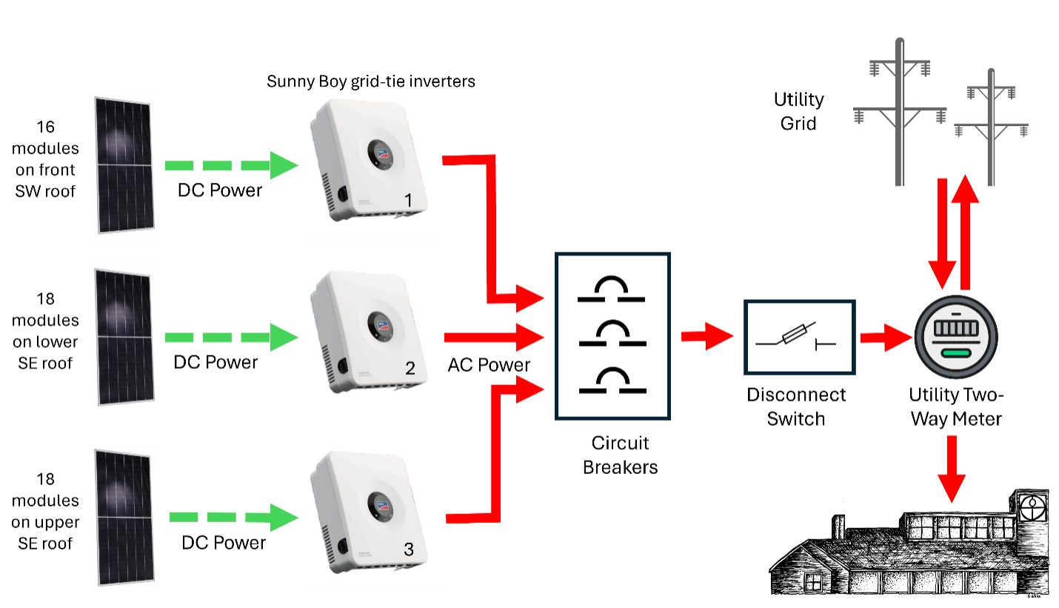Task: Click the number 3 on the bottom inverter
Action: coord(409,549)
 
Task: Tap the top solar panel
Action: coord(125,164)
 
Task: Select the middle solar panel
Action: coord(125,336)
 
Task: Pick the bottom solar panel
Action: coord(125,516)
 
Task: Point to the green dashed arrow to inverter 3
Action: coord(233,517)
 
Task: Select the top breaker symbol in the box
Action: coord(611,290)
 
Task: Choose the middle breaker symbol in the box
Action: coord(612,335)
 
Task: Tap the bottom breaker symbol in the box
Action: coord(612,381)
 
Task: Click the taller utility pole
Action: coord(900,111)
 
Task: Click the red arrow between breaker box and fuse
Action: coord(707,337)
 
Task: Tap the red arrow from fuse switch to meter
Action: coord(885,338)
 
